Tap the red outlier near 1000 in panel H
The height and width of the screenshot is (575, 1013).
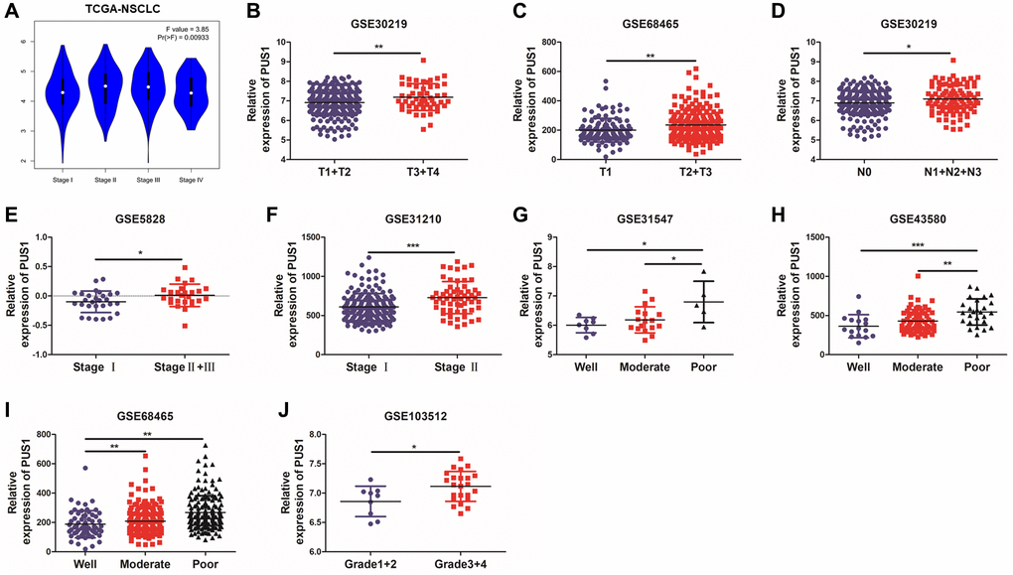pyautogui.click(x=920, y=276)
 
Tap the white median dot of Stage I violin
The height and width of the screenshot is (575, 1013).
pyautogui.click(x=62, y=92)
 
